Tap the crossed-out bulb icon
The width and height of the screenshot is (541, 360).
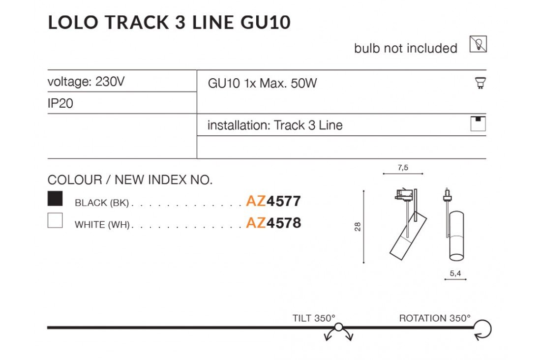(x=478, y=45)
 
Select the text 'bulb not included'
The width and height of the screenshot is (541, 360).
(x=405, y=48)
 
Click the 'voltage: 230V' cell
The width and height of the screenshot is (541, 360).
(x=86, y=82)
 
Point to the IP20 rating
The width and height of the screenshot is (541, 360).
(x=60, y=104)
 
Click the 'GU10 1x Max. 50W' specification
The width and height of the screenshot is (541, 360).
(x=262, y=83)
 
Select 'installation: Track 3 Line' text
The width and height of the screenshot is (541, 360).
(x=274, y=125)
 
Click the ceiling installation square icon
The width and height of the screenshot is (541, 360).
(x=478, y=124)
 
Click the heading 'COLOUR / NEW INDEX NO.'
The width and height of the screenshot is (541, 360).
(x=130, y=180)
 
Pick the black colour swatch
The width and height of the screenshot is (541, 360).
(x=55, y=198)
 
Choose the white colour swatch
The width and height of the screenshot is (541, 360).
(x=55, y=220)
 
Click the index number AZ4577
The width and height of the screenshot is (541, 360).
(x=273, y=201)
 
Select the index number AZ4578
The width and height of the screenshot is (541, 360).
(x=273, y=223)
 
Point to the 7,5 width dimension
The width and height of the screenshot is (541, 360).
(x=402, y=168)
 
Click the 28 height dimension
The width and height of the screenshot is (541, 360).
(x=358, y=227)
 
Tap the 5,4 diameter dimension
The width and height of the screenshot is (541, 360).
(x=455, y=273)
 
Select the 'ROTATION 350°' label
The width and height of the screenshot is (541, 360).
(x=435, y=318)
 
